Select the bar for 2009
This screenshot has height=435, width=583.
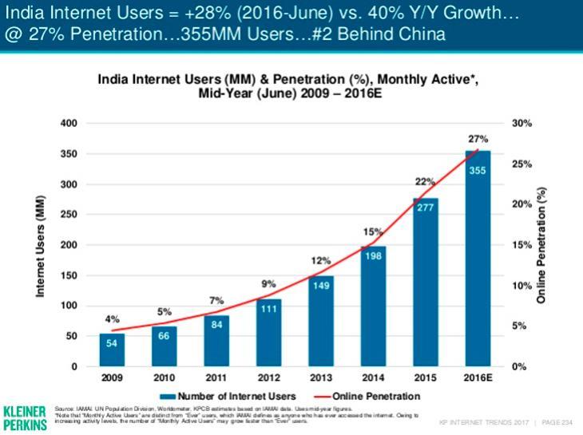pos(112,350)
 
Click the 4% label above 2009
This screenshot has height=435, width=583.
pos(113,319)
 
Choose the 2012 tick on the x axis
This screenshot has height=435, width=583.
pos(268,376)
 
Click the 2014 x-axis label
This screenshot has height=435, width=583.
pos(371,376)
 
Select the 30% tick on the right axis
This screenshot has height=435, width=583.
pos(522,124)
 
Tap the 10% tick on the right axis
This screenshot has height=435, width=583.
pos(522,286)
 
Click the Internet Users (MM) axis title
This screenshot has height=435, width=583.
pos(40,245)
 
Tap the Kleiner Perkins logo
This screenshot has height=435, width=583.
pos(25,415)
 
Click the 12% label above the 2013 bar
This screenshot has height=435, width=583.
pos(319,260)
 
